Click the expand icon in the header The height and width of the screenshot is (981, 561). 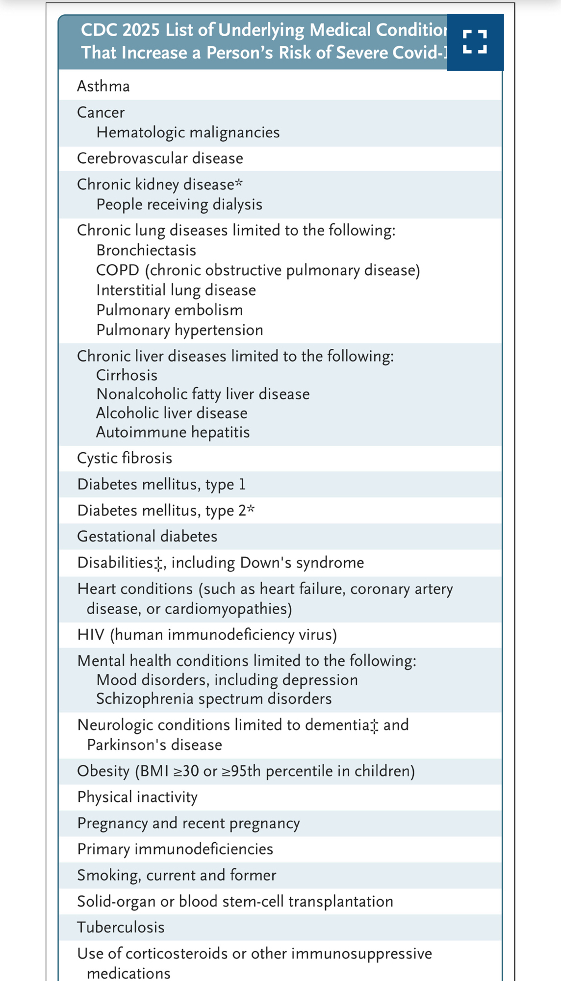(x=475, y=42)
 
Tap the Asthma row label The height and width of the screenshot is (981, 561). (x=103, y=86)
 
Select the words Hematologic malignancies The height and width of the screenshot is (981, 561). (x=188, y=132)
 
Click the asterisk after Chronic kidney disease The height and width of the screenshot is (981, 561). (x=239, y=183)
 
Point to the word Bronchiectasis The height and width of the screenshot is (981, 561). (x=146, y=250)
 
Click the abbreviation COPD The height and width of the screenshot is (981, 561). (x=117, y=270)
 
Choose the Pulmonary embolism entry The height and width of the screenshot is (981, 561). (x=169, y=310)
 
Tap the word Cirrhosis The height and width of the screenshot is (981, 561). (x=127, y=375)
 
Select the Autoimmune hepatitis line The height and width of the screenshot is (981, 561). (x=173, y=432)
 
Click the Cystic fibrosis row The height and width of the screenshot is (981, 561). (x=125, y=458)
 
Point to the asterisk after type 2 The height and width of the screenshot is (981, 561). (x=251, y=509)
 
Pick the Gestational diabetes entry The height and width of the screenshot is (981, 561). (x=147, y=536)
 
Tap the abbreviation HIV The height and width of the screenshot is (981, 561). (x=91, y=635)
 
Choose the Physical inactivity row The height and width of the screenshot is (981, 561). (x=137, y=797)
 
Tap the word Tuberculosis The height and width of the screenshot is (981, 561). (x=121, y=928)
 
